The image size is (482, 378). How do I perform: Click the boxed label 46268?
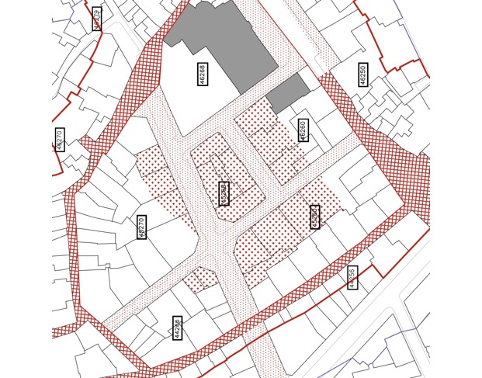[202, 75]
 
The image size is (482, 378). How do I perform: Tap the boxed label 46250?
[363, 75]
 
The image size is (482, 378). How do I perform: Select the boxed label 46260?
[303, 130]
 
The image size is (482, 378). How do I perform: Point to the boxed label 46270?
[60, 139]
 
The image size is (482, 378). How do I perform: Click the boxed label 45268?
[224, 193]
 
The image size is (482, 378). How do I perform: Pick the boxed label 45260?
[314, 217]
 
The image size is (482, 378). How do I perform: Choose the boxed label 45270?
[141, 227]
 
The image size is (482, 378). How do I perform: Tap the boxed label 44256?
[352, 277]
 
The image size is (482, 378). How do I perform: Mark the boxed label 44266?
[178, 328]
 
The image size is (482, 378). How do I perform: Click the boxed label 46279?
[96, 18]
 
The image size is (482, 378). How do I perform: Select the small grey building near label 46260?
[287, 93]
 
